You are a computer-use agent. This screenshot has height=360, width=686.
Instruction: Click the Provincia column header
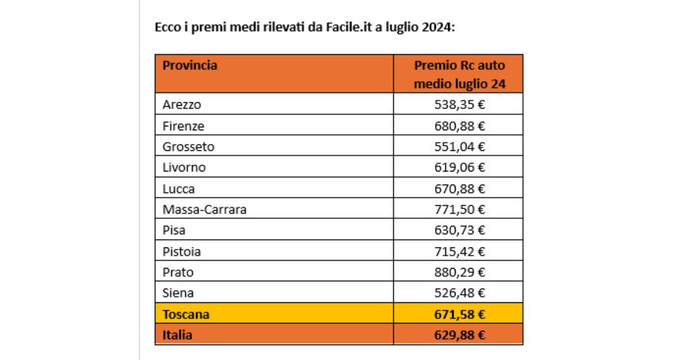point(190,65)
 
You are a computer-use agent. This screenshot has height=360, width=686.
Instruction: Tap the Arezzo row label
point(182,105)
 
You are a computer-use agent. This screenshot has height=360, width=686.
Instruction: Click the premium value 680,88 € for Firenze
point(459,126)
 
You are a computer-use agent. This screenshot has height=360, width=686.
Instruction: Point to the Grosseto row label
point(189,147)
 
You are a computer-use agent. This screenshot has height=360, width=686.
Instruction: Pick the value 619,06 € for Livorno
point(459,167)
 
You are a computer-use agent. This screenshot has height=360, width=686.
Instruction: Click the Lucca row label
point(179,189)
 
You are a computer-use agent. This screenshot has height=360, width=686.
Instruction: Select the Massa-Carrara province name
point(205,210)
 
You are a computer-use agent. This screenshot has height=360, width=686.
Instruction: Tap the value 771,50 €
point(459,210)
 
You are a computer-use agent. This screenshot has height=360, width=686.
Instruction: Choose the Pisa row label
point(174,230)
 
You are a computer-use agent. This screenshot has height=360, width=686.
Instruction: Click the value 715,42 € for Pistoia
point(459,251)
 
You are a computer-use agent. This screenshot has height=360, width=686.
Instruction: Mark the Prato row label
point(177,272)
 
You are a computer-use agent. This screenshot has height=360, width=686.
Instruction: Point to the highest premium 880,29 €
point(459,272)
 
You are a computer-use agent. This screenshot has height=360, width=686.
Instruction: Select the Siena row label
point(178,293)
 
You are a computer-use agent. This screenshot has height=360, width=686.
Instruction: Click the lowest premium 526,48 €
point(459,293)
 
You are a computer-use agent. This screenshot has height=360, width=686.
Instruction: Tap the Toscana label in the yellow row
point(186,314)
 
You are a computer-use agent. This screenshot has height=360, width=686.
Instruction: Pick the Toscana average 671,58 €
point(459,314)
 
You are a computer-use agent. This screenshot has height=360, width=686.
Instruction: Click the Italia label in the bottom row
point(177,335)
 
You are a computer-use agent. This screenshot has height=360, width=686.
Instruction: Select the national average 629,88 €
point(459,335)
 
